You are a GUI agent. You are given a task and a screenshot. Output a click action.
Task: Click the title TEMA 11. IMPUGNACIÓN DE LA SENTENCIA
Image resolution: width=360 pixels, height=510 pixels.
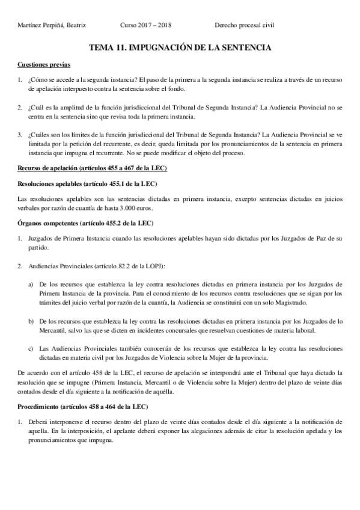coord(180,46)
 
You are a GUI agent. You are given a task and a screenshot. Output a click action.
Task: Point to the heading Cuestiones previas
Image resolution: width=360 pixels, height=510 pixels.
coord(44,63)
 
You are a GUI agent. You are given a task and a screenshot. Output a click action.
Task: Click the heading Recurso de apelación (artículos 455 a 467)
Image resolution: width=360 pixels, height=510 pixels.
coord(92,167)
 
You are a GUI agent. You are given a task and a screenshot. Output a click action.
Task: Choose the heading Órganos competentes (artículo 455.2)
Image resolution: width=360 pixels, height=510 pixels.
coord(85,223)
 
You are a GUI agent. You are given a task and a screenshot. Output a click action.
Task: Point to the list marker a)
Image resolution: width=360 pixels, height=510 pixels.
coord(31,284)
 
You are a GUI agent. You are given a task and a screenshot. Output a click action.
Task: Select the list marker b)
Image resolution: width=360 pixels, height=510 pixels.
coord(31,322)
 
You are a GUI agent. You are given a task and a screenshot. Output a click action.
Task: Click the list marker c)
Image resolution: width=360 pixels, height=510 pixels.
coord(31,348)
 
